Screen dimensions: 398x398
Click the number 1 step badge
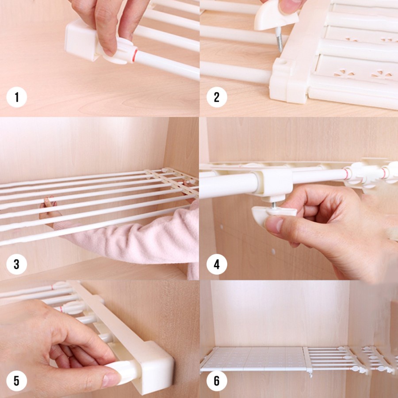(x=17, y=97)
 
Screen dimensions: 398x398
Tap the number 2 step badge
(x=216, y=97)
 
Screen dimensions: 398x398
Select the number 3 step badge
(x=17, y=264)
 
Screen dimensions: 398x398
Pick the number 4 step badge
(x=216, y=264)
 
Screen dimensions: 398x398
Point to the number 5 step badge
(x=17, y=380)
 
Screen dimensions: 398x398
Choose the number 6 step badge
(x=216, y=380)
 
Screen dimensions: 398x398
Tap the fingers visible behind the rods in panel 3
(x=47, y=208)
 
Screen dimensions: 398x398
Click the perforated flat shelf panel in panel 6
(x=252, y=358)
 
